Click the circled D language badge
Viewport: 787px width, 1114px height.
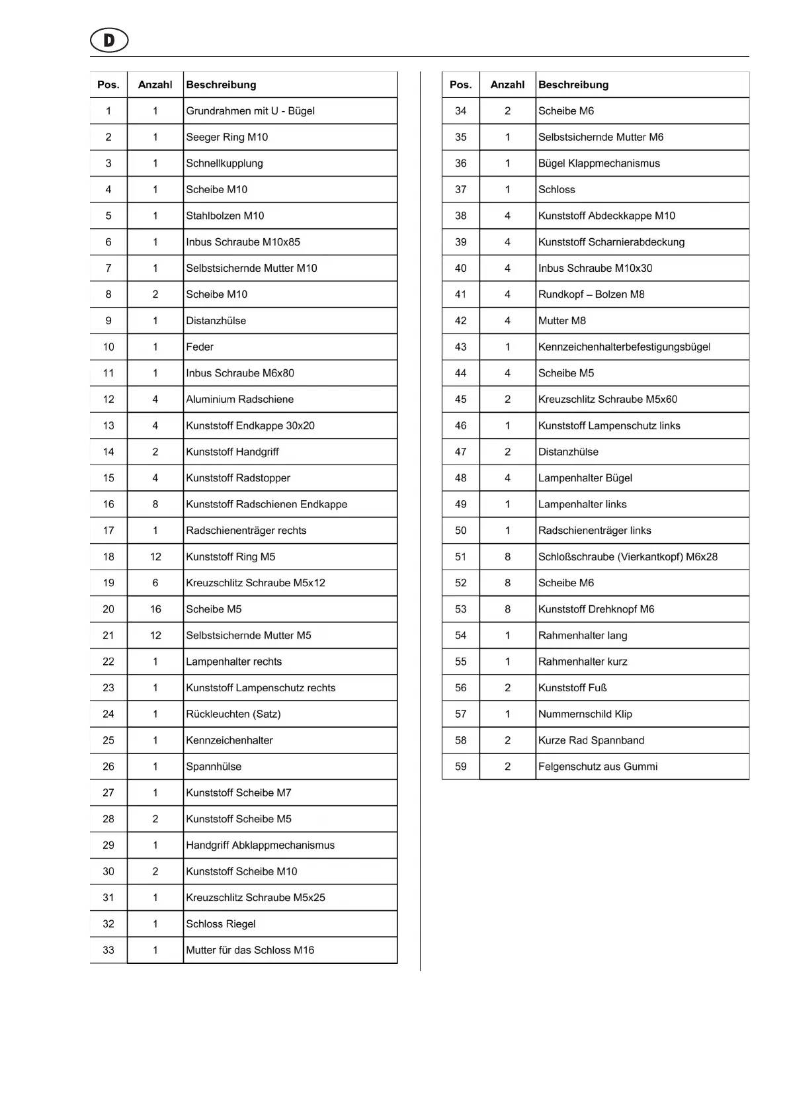[x=109, y=41]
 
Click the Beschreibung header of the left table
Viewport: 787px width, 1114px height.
[x=221, y=85]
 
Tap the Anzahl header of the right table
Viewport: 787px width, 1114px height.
[x=507, y=85]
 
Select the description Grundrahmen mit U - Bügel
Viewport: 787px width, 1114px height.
[x=250, y=111]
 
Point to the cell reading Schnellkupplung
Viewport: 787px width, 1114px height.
[x=224, y=163]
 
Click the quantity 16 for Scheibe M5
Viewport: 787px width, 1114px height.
[x=155, y=609]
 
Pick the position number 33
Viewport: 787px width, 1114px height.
[x=108, y=950]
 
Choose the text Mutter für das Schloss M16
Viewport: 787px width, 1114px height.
[x=250, y=950]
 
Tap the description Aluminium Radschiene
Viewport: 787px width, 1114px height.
[x=239, y=400]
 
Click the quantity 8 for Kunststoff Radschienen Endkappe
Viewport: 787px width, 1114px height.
[x=155, y=504]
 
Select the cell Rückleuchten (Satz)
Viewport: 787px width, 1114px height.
[x=233, y=714]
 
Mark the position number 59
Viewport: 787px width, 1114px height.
[x=460, y=767]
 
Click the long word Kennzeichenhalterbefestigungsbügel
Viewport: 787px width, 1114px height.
[x=624, y=347]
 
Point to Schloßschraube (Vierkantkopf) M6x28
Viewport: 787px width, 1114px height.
[x=628, y=557]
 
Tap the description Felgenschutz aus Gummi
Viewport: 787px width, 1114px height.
[x=598, y=767]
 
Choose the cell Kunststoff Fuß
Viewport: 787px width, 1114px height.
[x=572, y=688]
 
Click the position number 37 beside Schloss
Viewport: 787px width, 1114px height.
[x=460, y=190]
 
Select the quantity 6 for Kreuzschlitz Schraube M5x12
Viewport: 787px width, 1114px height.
[x=155, y=583]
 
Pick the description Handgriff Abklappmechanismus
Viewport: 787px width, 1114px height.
[x=260, y=845]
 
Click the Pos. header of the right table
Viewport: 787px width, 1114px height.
[x=460, y=85]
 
